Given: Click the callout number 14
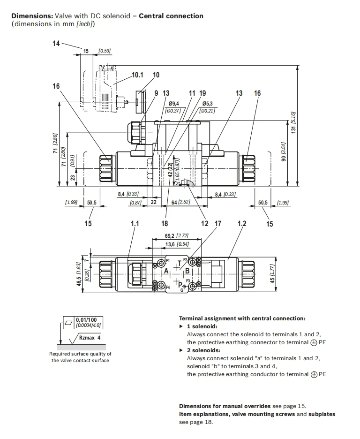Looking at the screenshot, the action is (56, 44).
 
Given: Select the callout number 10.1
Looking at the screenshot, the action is (137, 75).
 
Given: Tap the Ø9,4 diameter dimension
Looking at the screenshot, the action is (174, 104).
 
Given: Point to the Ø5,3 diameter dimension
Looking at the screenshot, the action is (207, 104).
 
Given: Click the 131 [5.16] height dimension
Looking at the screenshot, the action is (293, 122).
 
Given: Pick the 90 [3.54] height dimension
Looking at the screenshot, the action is (284, 152).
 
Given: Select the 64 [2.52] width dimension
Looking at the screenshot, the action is (180, 202).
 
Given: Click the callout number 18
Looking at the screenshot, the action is (165, 223).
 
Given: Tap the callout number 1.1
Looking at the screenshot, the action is (135, 223).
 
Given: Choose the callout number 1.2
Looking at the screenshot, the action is (242, 223).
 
